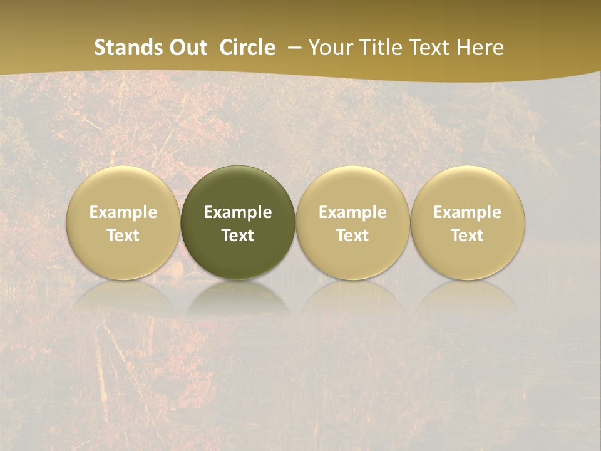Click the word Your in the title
[327, 48]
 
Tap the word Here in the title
[480, 48]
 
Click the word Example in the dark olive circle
[238, 212]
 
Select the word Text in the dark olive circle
[238, 236]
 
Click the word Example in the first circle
[123, 212]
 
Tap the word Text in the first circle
[123, 236]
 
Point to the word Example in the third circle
[352, 212]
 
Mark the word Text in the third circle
[352, 236]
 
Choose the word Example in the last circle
[467, 212]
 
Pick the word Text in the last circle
[467, 236]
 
